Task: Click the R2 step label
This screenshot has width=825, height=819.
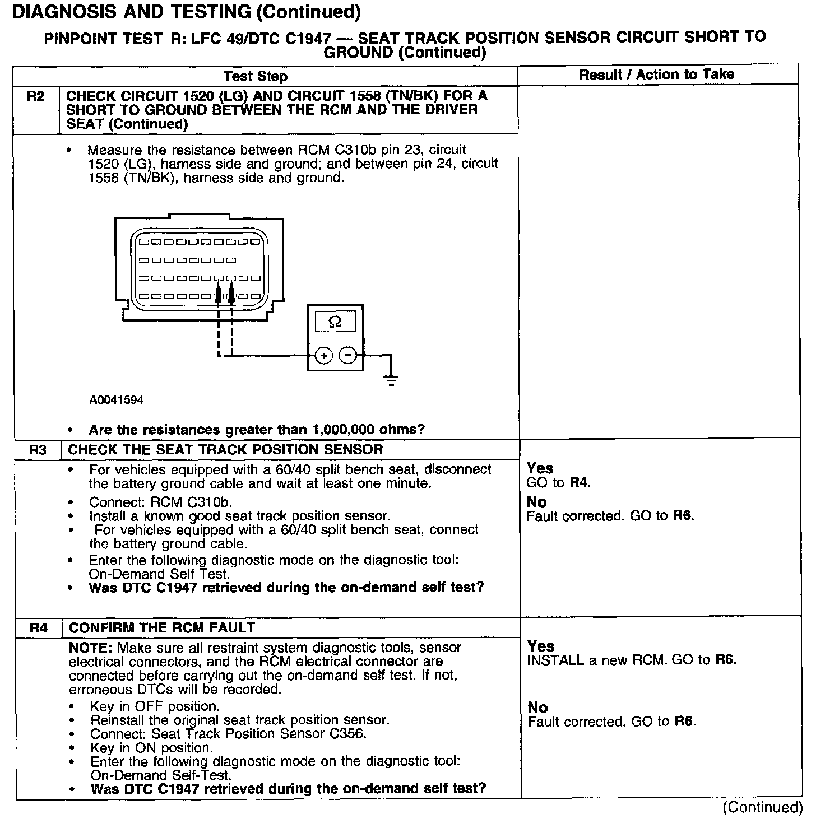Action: coord(35,96)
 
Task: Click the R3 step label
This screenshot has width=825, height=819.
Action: coord(38,450)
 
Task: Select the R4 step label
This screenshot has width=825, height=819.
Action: coord(38,628)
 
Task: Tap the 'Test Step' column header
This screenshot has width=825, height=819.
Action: coord(255,76)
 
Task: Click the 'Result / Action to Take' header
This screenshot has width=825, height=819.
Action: coord(656,74)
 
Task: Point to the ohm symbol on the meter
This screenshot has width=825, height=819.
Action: coord(335,322)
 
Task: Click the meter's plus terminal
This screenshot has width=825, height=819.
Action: coord(324,356)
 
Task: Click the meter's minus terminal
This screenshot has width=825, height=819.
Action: coord(348,356)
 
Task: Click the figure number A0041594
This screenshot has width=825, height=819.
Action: coord(116,400)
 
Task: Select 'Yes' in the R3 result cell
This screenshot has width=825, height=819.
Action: coord(540,468)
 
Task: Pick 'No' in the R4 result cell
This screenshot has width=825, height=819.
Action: coord(537,708)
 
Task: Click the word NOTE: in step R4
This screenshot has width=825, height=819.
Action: coord(90,648)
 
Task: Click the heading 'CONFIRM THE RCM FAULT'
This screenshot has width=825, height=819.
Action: coord(161,627)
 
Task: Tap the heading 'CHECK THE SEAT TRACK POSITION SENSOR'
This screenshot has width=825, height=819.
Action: coord(225,449)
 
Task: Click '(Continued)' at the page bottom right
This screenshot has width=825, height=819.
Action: coord(762,807)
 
